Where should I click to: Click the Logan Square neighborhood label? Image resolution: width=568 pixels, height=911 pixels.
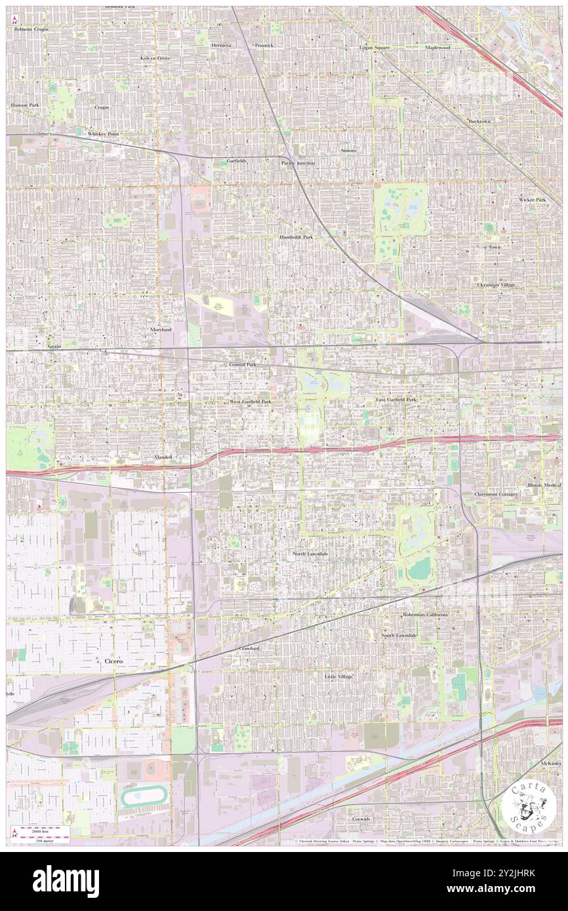click(x=374, y=48)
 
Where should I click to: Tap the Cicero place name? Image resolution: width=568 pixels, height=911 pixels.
click(x=113, y=661)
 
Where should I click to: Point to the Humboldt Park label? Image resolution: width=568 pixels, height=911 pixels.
click(x=296, y=237)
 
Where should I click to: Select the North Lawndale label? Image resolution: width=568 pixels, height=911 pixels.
click(x=310, y=554)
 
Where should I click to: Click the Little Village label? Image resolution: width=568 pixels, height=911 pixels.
click(x=339, y=676)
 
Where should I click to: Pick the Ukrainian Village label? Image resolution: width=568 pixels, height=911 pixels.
click(x=497, y=285)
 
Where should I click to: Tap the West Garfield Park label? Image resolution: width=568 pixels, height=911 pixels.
click(x=250, y=401)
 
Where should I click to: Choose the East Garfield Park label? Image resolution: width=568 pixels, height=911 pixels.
click(x=396, y=399)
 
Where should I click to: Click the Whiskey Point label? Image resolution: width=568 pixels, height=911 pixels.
click(x=104, y=134)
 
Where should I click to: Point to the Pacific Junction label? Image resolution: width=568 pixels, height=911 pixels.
click(x=298, y=163)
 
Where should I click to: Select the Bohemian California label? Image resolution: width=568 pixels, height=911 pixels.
click(x=426, y=615)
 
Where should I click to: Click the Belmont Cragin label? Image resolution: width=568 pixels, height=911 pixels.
click(x=31, y=29)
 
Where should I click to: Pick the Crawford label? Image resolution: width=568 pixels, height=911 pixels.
click(x=249, y=648)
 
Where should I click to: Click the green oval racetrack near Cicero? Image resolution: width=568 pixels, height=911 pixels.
click(x=140, y=797)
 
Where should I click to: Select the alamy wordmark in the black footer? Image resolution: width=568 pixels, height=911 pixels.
click(x=67, y=878)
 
